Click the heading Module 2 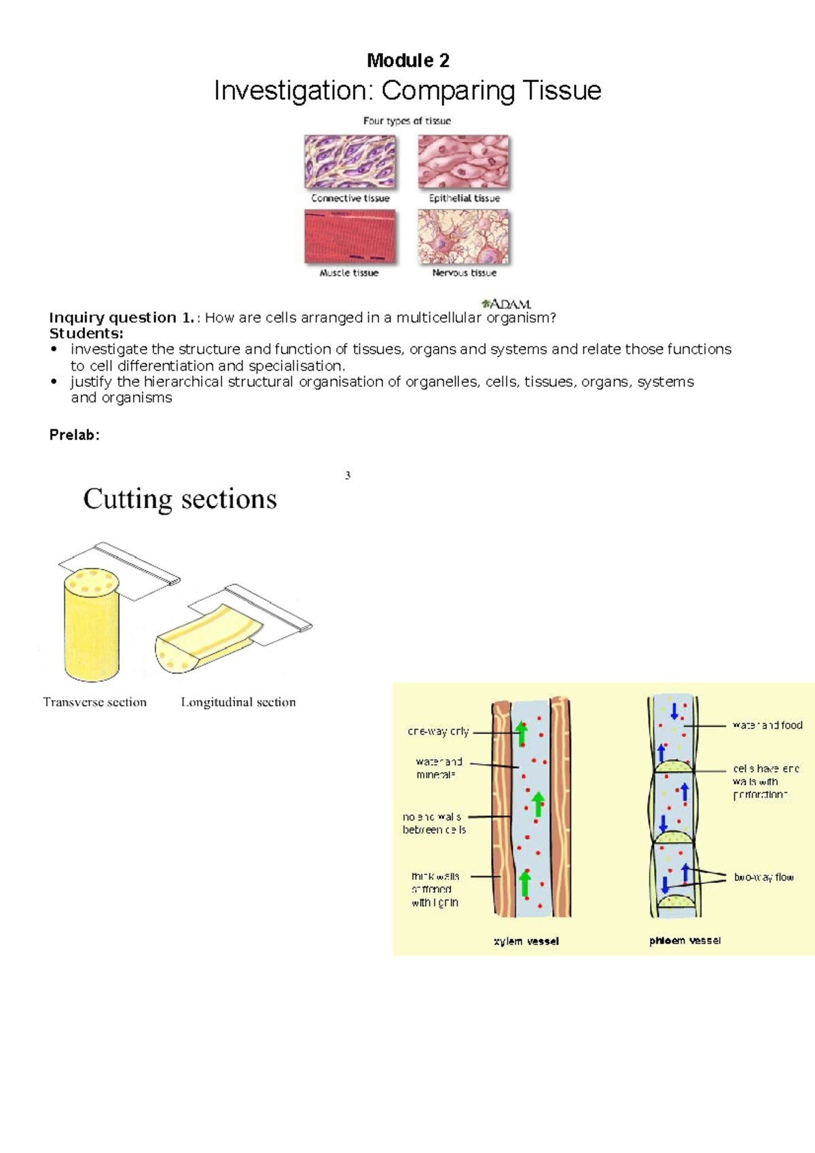point(407,60)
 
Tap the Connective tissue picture point(350,162)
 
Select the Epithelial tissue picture point(463,162)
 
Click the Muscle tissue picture point(350,236)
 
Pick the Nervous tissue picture point(463,236)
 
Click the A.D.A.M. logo point(506,304)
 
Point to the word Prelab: point(74,435)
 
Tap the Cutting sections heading point(180,499)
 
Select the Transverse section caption point(94,702)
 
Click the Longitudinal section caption point(238,702)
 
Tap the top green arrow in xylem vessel point(521,733)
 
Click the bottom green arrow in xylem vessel point(525,884)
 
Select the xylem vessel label point(526,941)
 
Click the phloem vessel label point(685,940)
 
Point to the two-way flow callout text point(763,877)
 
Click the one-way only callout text point(438,731)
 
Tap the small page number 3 point(348,475)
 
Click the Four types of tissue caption point(407,121)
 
